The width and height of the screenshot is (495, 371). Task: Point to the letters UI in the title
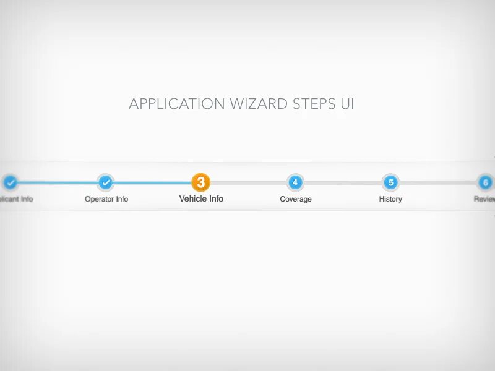pos(347,104)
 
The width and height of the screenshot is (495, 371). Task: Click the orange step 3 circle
pos(201,182)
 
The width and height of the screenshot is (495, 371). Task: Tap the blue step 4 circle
pos(296,182)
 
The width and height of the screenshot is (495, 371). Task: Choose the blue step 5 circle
pos(390,182)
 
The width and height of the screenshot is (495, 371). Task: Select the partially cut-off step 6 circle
pos(486,182)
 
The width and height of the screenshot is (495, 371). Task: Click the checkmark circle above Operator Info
pos(106,182)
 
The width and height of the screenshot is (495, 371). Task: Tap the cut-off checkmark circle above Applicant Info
pos(11,182)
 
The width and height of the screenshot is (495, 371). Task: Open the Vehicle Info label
pos(201,198)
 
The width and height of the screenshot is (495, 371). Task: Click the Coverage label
pos(296,199)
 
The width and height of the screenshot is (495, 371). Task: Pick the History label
pos(390,199)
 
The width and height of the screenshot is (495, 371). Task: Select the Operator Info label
pos(106,199)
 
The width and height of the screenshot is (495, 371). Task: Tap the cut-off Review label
pos(484,199)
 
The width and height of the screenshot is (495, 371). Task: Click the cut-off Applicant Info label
pos(16,199)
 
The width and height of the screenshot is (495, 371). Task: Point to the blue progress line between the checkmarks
pos(58,182)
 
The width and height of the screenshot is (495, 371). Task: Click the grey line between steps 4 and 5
pos(343,182)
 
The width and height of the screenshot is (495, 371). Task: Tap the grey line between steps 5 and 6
pos(438,182)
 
